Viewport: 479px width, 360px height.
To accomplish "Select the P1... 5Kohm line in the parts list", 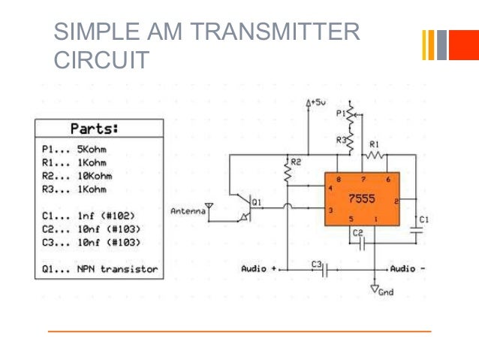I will pos(74,149).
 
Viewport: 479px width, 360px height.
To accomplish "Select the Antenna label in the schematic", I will pos(188,212).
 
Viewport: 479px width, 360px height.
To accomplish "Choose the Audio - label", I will pos(408,268).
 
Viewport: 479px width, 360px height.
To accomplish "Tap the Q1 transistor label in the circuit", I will pos(258,201).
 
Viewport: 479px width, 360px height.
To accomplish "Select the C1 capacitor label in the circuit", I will pos(424,219).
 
